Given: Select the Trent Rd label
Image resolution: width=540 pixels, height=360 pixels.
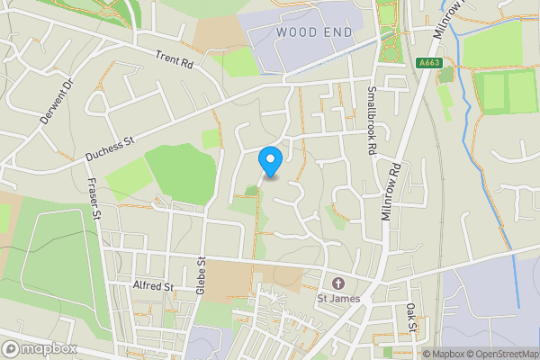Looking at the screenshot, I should tap(175, 59).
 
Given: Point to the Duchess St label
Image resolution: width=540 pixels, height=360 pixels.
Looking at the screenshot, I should tap(109, 148).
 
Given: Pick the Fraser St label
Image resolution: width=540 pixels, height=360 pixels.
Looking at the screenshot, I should tap(93, 199).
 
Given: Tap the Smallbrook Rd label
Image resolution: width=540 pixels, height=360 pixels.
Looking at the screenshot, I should tap(371, 119).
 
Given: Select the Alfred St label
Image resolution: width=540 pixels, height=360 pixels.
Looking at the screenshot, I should tap(152, 285).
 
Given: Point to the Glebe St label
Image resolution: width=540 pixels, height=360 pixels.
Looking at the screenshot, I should tap(202, 274).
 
